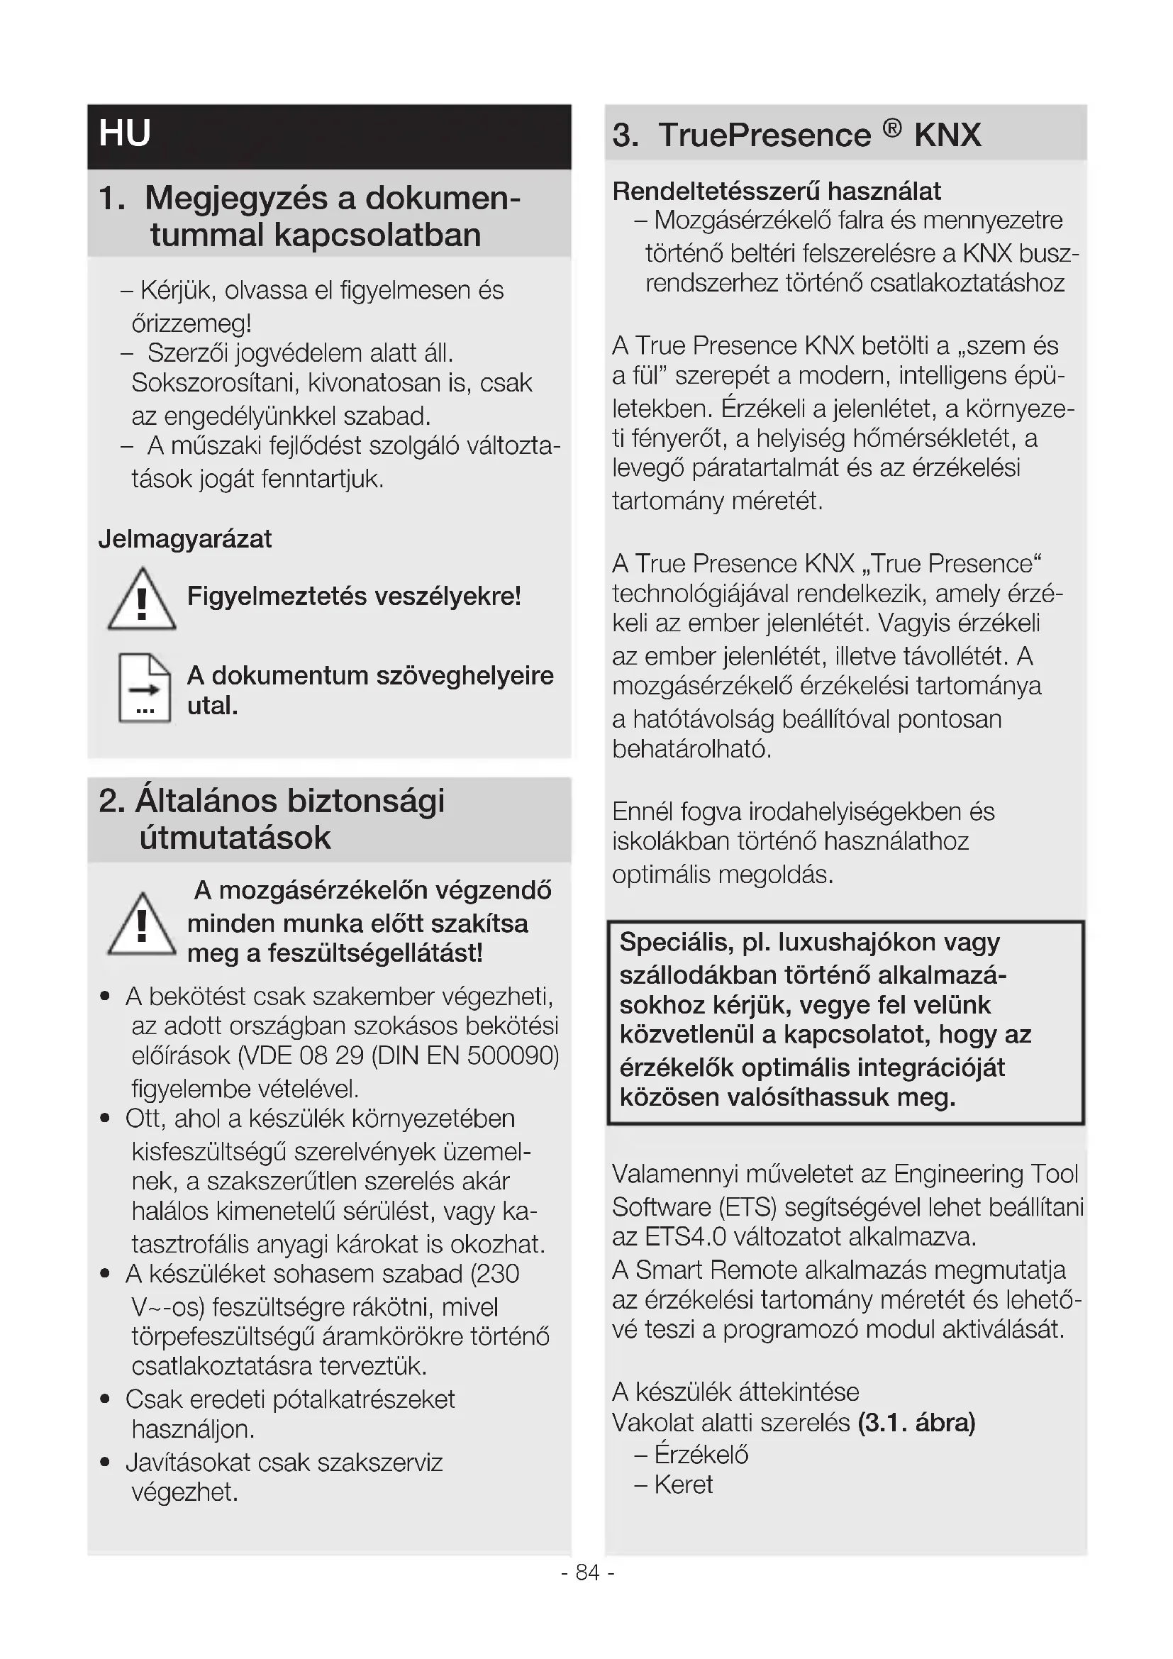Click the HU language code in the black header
[x=125, y=133]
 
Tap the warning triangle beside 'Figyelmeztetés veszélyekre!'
[x=142, y=601]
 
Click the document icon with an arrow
[x=145, y=688]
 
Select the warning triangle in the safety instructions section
[x=142, y=926]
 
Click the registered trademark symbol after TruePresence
[x=892, y=128]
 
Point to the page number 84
[x=587, y=1572]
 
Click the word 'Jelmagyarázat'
[x=185, y=539]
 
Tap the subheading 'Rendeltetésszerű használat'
[x=777, y=192]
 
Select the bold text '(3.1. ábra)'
[x=916, y=1423]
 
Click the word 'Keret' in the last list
[x=683, y=1485]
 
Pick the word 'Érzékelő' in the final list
[x=701, y=1455]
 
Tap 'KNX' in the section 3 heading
[x=947, y=135]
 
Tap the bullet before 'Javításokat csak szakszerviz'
[x=106, y=1463]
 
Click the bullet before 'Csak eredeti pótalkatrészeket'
[x=106, y=1399]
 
